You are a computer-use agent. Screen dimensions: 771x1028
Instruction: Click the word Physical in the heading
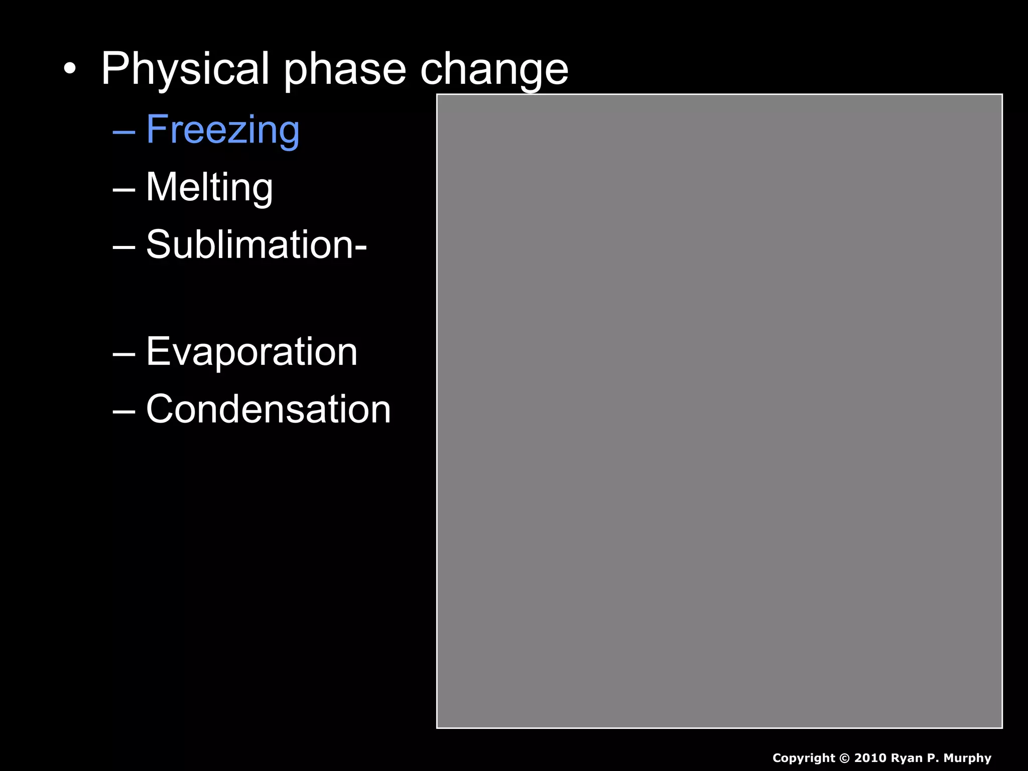185,69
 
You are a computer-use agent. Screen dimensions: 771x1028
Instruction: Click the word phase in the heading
345,69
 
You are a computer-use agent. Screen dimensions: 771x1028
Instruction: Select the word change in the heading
494,69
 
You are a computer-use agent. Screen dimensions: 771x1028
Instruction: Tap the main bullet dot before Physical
70,69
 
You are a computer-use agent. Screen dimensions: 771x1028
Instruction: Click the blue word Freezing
223,130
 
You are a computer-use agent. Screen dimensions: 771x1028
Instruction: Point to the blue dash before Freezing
124,132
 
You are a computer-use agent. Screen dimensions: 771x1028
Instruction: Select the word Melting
209,187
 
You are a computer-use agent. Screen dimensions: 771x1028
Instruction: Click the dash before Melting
124,190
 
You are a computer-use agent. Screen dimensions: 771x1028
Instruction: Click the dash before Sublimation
124,247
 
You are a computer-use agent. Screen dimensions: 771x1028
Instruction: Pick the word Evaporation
251,352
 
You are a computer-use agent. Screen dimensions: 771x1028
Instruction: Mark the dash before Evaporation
124,354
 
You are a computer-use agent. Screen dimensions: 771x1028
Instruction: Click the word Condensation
268,409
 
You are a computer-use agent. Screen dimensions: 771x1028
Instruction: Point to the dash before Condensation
124,411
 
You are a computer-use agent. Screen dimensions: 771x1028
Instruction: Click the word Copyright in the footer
803,758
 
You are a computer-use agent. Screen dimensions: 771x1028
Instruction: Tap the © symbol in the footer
844,758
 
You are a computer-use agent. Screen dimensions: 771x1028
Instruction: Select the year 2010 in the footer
870,758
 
